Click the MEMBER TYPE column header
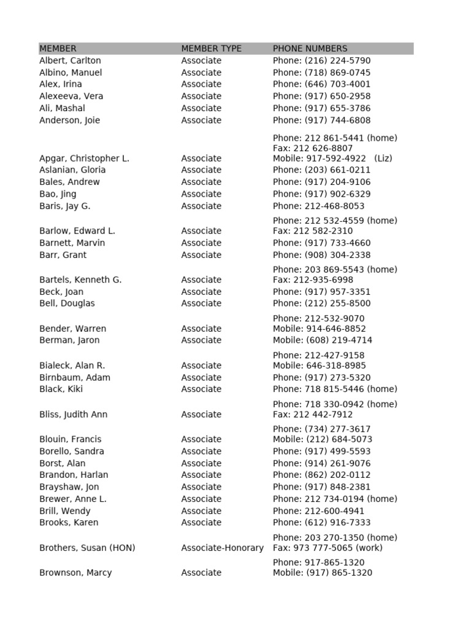pos(211,49)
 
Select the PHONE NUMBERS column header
pos(310,49)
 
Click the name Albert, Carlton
pos(70,61)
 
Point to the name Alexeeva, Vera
pos(71,96)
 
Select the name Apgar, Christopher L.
pos(84,158)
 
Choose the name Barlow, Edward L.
pos(77,231)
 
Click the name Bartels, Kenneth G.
pos(80,279)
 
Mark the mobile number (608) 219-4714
pos(339,340)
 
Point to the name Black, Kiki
pos(61,389)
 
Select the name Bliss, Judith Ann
pos(73,415)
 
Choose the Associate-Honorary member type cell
pos(222,548)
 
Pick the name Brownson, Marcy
pos(75,572)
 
